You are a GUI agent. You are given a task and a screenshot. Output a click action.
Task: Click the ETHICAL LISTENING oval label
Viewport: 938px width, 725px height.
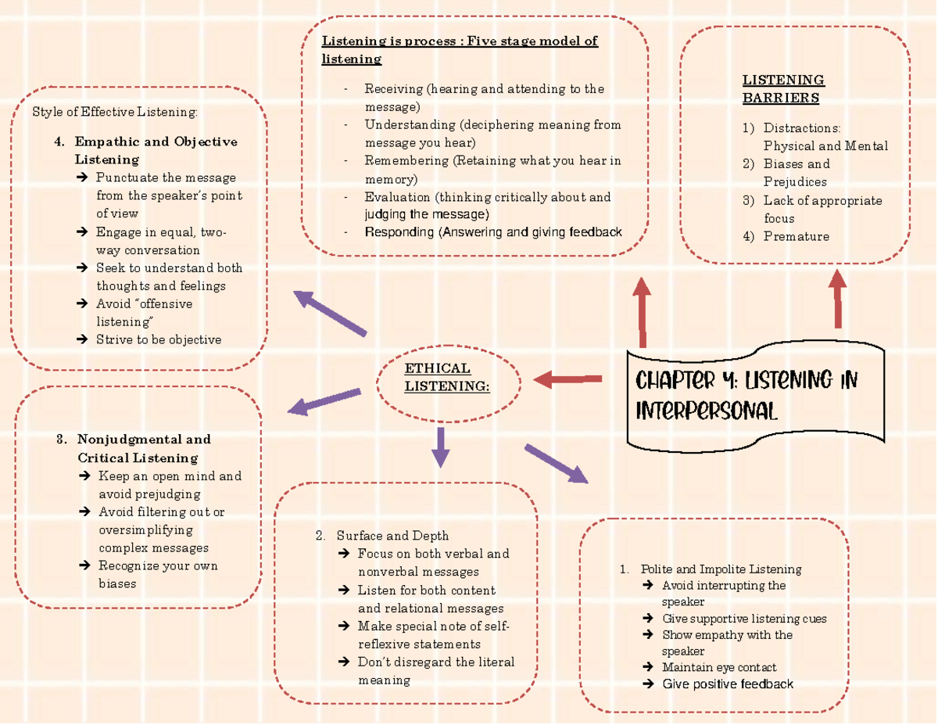click(448, 378)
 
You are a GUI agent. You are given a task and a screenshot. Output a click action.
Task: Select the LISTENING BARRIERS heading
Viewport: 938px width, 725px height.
click(782, 88)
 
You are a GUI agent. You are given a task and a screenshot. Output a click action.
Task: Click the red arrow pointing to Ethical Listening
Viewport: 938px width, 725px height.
click(567, 380)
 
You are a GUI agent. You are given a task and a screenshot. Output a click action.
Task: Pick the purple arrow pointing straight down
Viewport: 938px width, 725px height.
click(441, 447)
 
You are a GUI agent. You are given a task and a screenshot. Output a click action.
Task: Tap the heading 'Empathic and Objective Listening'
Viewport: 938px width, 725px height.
click(155, 150)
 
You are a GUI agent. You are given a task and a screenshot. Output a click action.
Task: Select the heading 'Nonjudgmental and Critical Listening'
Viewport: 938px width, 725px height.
click(143, 448)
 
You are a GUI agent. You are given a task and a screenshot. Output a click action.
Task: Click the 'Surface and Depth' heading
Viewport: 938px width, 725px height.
click(392, 536)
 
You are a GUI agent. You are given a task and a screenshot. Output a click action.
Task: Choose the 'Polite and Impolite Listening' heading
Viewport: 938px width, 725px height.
click(721, 569)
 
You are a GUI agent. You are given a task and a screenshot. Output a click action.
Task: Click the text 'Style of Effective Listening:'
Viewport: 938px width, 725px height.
click(115, 112)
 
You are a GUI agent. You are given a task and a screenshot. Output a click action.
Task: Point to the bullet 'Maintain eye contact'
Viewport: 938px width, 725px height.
click(719, 667)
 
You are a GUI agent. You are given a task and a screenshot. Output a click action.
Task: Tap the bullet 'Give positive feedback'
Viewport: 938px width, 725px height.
click(728, 684)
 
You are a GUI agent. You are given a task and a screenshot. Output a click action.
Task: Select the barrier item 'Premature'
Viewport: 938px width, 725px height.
click(796, 236)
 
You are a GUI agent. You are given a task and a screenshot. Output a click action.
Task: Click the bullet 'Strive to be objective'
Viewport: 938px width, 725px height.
click(159, 339)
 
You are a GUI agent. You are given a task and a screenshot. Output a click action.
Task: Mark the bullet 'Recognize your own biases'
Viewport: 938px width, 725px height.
click(159, 574)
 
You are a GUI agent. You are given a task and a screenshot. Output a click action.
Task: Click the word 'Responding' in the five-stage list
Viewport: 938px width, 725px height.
click(399, 231)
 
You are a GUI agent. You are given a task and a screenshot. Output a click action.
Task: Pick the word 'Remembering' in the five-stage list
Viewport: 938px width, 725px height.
click(406, 161)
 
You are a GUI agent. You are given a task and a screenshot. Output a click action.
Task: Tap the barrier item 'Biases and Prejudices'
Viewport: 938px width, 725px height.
click(797, 173)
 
